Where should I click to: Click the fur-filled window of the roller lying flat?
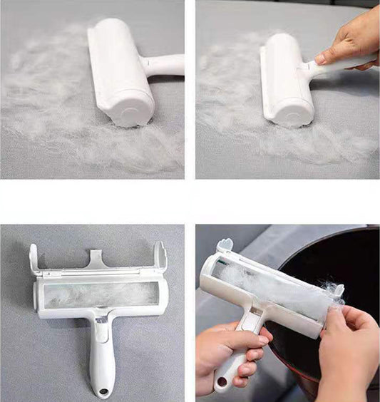coord(100,294)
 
